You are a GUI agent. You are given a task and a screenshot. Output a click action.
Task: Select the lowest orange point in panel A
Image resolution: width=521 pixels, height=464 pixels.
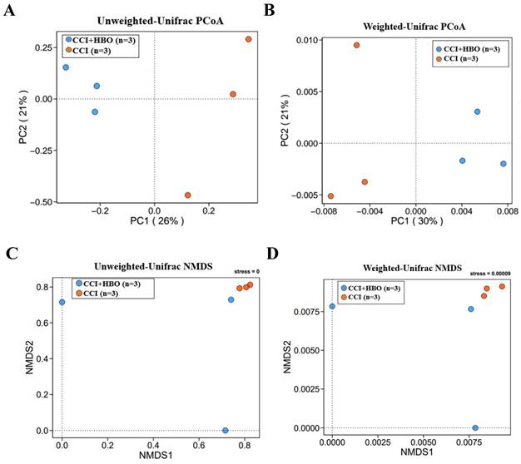188,195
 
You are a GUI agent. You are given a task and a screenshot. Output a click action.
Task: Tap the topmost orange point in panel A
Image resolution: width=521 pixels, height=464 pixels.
249,39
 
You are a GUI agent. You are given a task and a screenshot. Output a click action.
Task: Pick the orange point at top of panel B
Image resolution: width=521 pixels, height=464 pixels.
356,45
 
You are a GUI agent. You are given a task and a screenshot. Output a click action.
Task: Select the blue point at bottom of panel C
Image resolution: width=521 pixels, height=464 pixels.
226,430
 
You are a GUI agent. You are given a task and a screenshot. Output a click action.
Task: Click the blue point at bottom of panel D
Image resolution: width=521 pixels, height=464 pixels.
475,427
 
